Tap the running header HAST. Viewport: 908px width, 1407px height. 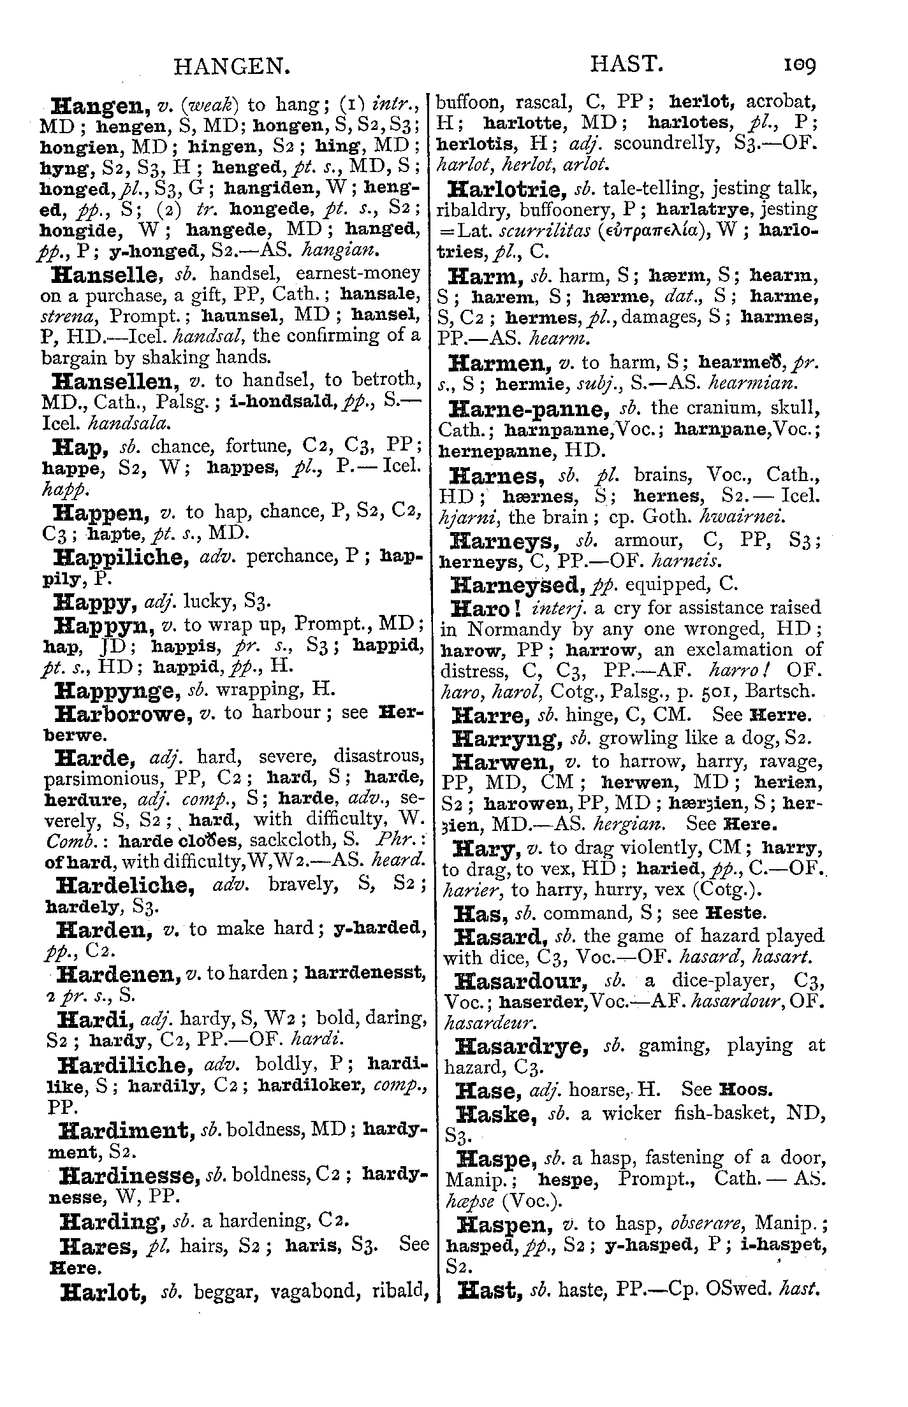coord(625,65)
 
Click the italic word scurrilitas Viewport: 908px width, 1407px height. coord(529,231)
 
